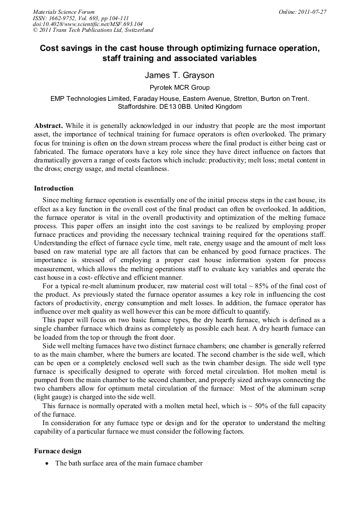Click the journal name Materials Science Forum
point(64,11)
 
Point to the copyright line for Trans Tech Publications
point(93,30)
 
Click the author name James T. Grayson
point(181,75)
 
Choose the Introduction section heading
point(54,188)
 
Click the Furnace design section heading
point(57,451)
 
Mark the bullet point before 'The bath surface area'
point(47,463)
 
